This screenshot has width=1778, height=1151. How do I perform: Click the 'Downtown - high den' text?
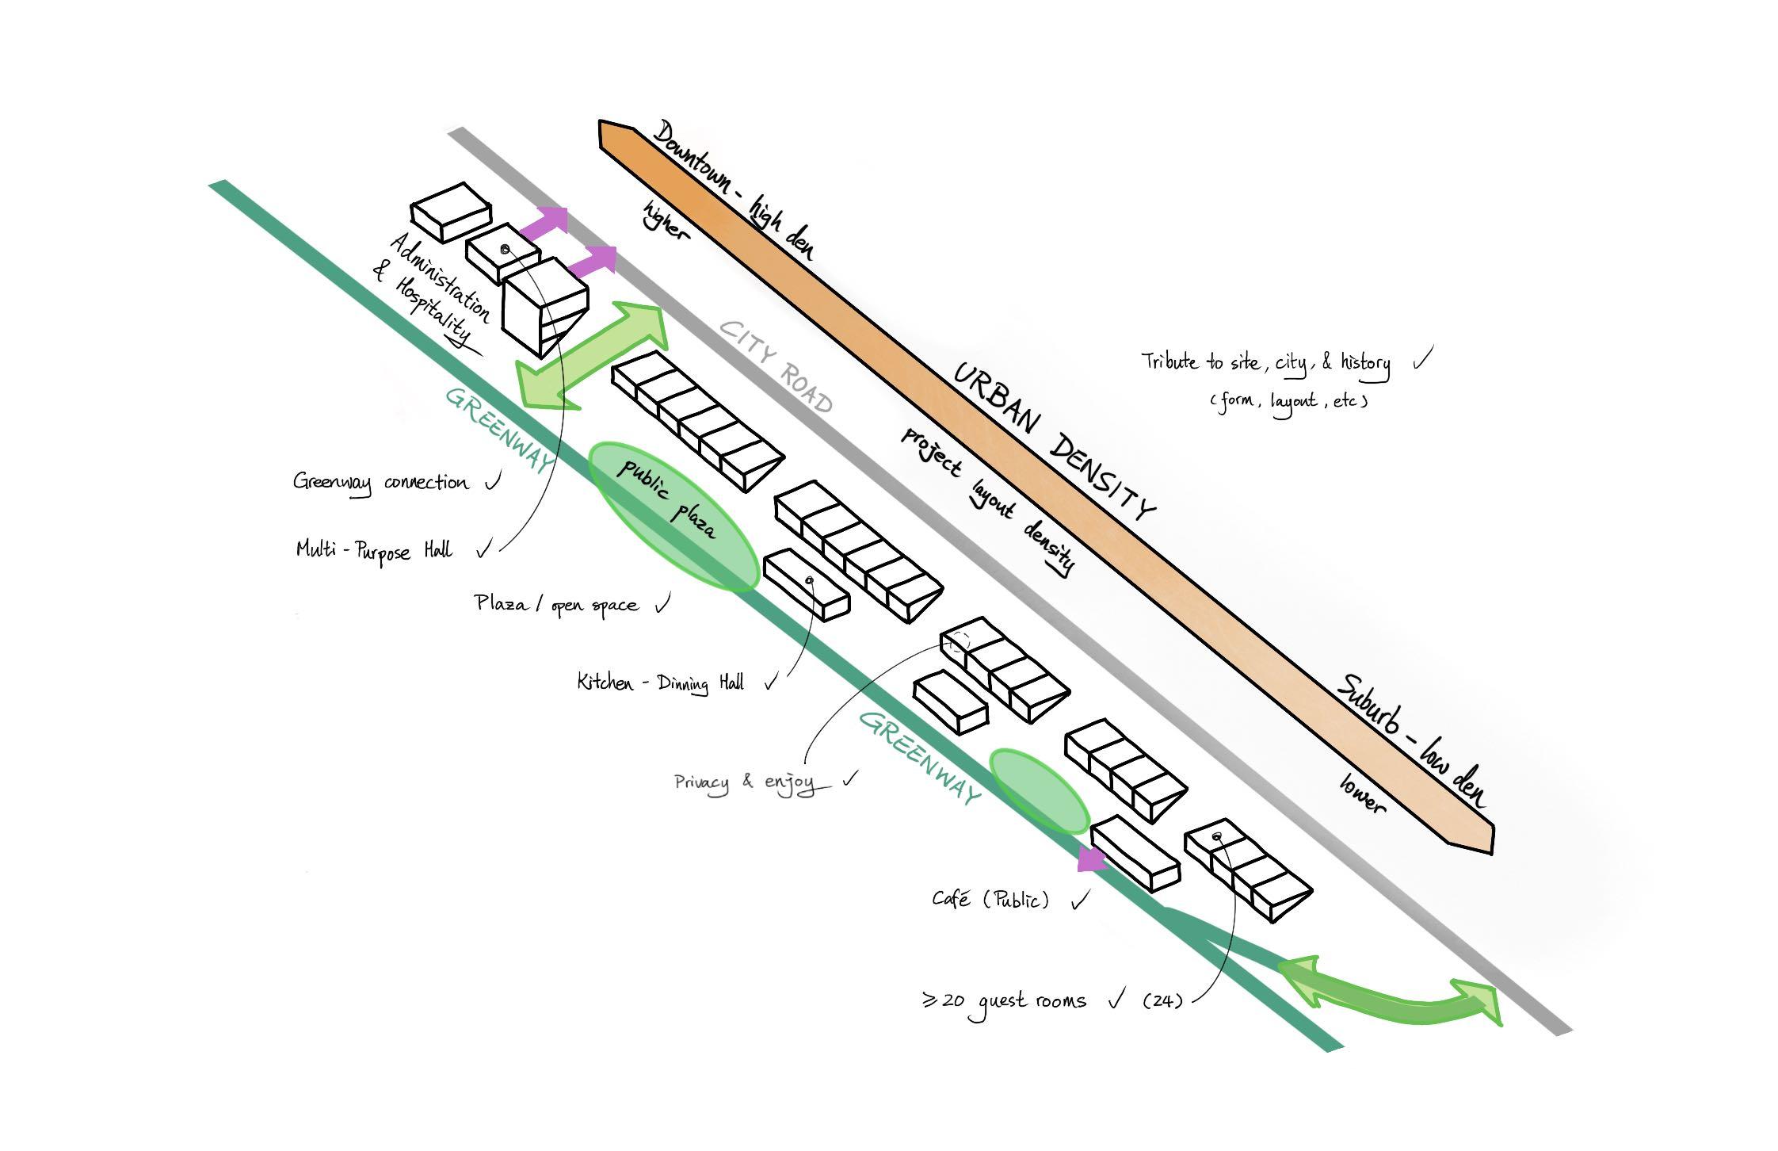coord(734,190)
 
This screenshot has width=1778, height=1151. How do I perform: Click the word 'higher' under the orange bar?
coord(666,220)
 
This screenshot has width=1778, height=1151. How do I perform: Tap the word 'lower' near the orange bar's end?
coord(1363,793)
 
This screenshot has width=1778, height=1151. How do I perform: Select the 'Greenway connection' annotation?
coord(380,482)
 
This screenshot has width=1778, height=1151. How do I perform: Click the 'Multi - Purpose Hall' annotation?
coord(374,550)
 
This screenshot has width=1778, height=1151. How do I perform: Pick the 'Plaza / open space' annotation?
coord(556,604)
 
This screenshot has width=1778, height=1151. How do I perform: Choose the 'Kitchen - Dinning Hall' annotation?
coord(660,683)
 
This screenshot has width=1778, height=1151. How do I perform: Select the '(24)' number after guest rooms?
coord(1162,1000)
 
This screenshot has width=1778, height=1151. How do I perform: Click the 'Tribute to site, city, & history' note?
coord(1265,362)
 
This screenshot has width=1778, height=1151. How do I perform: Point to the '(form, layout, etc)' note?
coord(1289,400)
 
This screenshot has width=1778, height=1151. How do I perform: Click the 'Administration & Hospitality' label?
coord(432,289)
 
